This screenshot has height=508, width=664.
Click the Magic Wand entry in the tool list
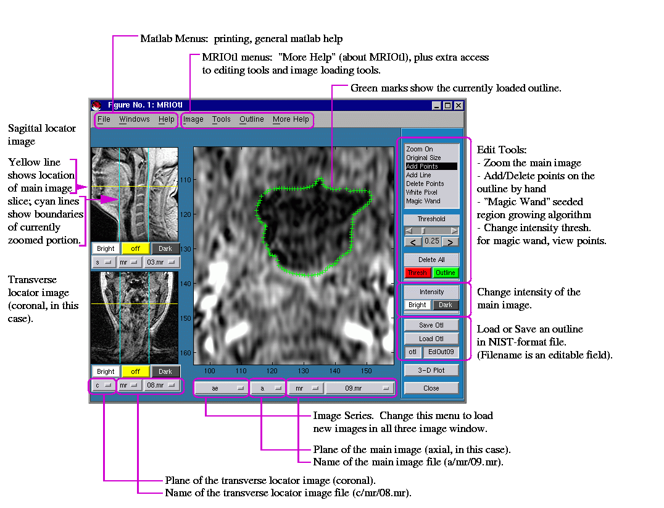click(x=423, y=201)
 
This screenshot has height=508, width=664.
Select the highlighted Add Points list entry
click(x=431, y=166)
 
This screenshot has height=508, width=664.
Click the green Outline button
click(x=445, y=273)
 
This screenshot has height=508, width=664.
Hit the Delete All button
click(x=431, y=260)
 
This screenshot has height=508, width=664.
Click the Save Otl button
click(x=431, y=325)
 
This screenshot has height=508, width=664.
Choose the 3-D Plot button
click(x=431, y=370)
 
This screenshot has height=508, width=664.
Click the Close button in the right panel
click(x=431, y=388)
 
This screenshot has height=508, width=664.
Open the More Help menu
click(x=291, y=119)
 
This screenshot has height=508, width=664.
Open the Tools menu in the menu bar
click(x=221, y=119)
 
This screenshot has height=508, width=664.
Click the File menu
click(x=104, y=119)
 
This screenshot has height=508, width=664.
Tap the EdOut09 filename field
click(x=441, y=352)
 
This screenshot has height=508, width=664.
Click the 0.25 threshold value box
click(x=431, y=241)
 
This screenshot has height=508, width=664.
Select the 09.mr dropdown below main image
click(x=360, y=388)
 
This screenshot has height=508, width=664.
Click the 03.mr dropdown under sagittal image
click(x=161, y=262)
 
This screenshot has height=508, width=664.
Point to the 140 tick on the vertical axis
click(x=186, y=284)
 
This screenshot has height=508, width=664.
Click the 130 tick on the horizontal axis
click(x=303, y=371)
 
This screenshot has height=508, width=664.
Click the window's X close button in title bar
click(x=458, y=106)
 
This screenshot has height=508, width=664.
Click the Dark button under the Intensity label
click(x=445, y=305)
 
